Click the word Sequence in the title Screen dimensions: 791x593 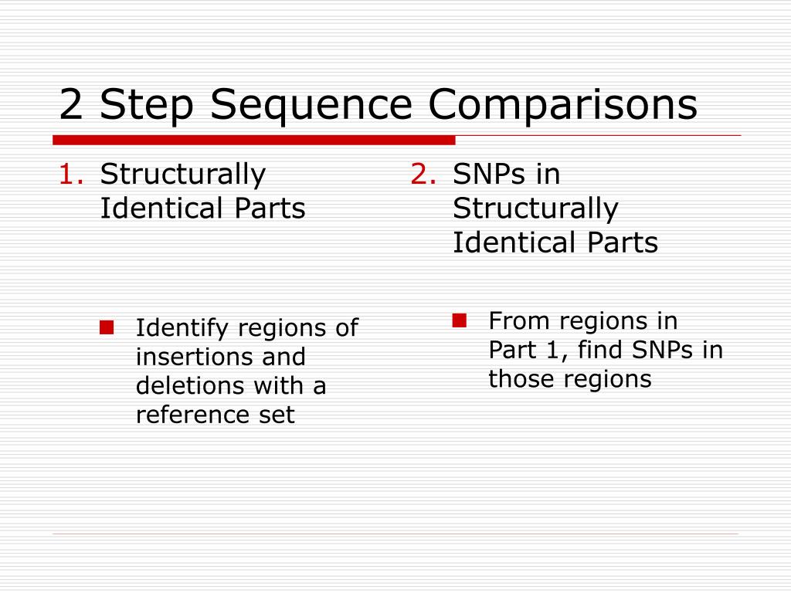click(317, 105)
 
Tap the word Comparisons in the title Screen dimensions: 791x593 click(564, 105)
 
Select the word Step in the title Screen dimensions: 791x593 click(151, 105)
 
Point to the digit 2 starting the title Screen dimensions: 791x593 click(71, 105)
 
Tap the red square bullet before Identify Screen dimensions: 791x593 click(107, 327)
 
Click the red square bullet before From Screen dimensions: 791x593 click(460, 320)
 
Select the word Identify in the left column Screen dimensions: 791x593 click(182, 328)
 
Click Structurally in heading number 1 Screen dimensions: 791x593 click(183, 175)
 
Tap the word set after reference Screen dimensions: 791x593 click(276, 415)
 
